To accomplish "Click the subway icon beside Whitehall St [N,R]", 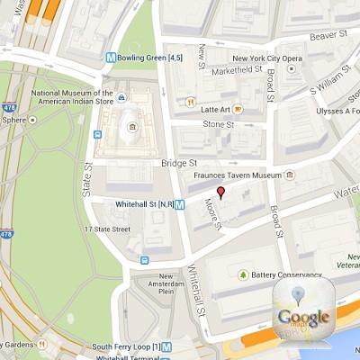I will pos(180,204).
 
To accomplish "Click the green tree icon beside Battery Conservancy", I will pos(242,274).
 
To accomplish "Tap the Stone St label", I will pos(218,123).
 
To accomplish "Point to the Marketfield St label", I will pos(236,70).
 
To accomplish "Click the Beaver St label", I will pos(328,36).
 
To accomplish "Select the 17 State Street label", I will pos(108,229).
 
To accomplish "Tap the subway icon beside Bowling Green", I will pos(111,58).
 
